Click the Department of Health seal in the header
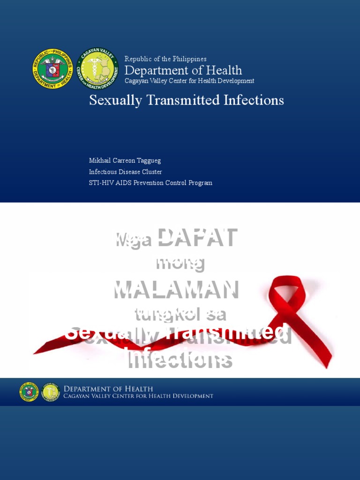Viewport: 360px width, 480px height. pos(52,69)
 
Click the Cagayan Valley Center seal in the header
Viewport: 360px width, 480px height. pos(97,69)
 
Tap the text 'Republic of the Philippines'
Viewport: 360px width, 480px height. pos(165,59)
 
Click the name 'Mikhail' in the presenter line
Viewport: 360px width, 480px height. pos(99,161)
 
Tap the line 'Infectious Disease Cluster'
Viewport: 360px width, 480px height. pos(126,172)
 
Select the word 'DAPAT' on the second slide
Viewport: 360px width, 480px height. pos(197,238)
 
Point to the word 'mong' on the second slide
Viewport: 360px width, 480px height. pos(180,263)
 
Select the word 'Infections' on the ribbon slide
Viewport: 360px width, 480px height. pos(180,360)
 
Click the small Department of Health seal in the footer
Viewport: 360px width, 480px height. pos(29,392)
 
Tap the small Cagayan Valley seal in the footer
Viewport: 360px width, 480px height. pos(50,392)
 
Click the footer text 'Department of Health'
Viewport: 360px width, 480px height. pos(108,389)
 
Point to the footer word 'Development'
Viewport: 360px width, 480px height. pos(191,396)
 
